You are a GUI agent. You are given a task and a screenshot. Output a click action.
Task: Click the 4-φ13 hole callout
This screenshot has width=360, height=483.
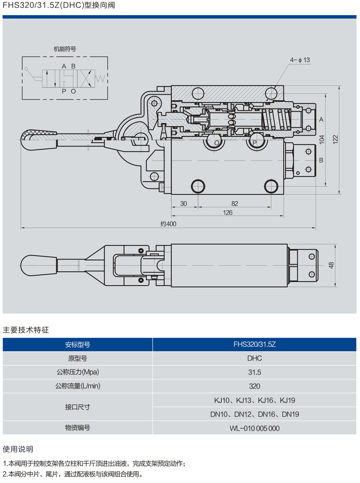pos(300,60)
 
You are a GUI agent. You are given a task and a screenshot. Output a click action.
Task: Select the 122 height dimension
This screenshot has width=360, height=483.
pos(335,139)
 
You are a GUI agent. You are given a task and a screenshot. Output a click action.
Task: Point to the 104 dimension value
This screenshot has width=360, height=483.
pos(322,139)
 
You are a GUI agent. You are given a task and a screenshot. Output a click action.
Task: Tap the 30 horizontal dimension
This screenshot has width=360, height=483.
pos(183,204)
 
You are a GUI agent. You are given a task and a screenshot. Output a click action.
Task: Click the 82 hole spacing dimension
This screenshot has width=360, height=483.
pos(235,204)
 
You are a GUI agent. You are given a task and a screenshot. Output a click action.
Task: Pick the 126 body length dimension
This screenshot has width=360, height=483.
pos(228,213)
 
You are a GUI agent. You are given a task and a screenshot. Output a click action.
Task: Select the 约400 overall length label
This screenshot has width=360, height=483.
pos(168,224)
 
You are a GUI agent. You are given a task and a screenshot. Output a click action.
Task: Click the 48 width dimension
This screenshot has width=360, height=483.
pos(331,265)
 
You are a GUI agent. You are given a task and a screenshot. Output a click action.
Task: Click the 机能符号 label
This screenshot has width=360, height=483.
pos(65,49)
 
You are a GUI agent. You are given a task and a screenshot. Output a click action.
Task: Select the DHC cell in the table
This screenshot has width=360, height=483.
pos(254,358)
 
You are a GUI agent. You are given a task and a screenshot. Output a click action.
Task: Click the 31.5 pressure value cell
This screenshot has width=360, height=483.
pos(254,372)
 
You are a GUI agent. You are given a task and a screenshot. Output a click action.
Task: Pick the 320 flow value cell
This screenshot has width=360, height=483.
pos(254,386)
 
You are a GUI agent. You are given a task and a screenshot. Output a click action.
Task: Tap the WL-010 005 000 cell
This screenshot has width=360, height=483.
pos(254,428)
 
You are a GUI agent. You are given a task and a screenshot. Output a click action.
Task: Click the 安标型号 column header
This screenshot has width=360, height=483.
pos(77,345)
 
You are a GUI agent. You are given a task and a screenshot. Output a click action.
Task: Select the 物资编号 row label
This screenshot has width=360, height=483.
pos(77,428)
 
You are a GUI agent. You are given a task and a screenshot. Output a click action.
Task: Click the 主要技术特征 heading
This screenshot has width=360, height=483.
pos(26,330)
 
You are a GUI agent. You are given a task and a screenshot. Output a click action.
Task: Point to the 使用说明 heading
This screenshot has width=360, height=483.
pos(18,449)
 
